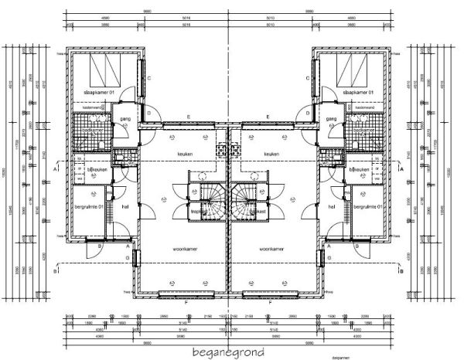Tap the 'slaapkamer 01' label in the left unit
[98, 93]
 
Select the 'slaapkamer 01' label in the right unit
[363, 93]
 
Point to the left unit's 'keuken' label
[185, 154]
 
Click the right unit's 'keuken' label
[271, 154]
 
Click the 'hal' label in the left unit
[125, 207]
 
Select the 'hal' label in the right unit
[331, 207]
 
